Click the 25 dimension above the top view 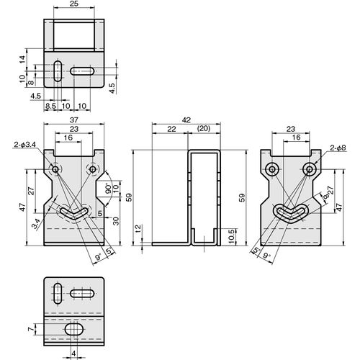coord(74,4)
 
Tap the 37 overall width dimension coord(74,120)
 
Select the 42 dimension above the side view coord(186,120)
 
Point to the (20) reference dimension coord(204,129)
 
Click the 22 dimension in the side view coord(171,129)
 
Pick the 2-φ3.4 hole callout coord(25,145)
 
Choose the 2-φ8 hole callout coord(338,148)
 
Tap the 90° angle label coord(109,189)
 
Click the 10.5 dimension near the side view coord(231,236)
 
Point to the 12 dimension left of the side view coord(139,229)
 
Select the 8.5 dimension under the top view coord(50,106)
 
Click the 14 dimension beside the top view coord(22,59)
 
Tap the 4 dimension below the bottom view coord(73,354)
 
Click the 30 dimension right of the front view coord(116,221)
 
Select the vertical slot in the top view coord(58,71)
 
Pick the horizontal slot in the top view coord(82,71)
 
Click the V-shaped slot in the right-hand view coord(291,212)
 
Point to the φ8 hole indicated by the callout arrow coord(310,169)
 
